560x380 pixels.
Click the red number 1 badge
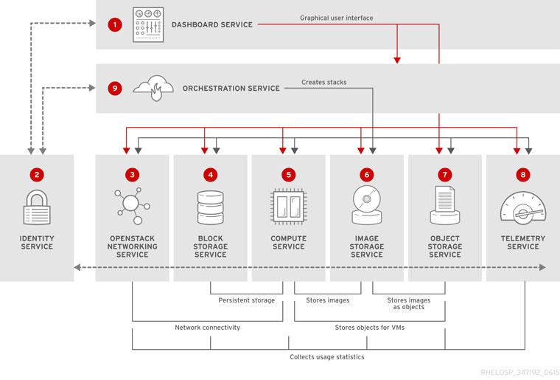pos(114,25)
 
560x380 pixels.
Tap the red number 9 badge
pos(114,89)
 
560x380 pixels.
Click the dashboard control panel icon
pos(148,25)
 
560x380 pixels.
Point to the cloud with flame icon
pos(153,88)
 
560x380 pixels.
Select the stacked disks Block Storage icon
pos(210,207)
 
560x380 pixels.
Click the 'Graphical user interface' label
pos(337,18)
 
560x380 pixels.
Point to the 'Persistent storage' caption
pos(246,300)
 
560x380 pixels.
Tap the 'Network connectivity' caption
pos(207,328)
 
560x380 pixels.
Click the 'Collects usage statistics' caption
pos(326,357)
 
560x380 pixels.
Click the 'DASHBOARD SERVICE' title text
pos(212,25)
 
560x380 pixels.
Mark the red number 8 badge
pos(522,175)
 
